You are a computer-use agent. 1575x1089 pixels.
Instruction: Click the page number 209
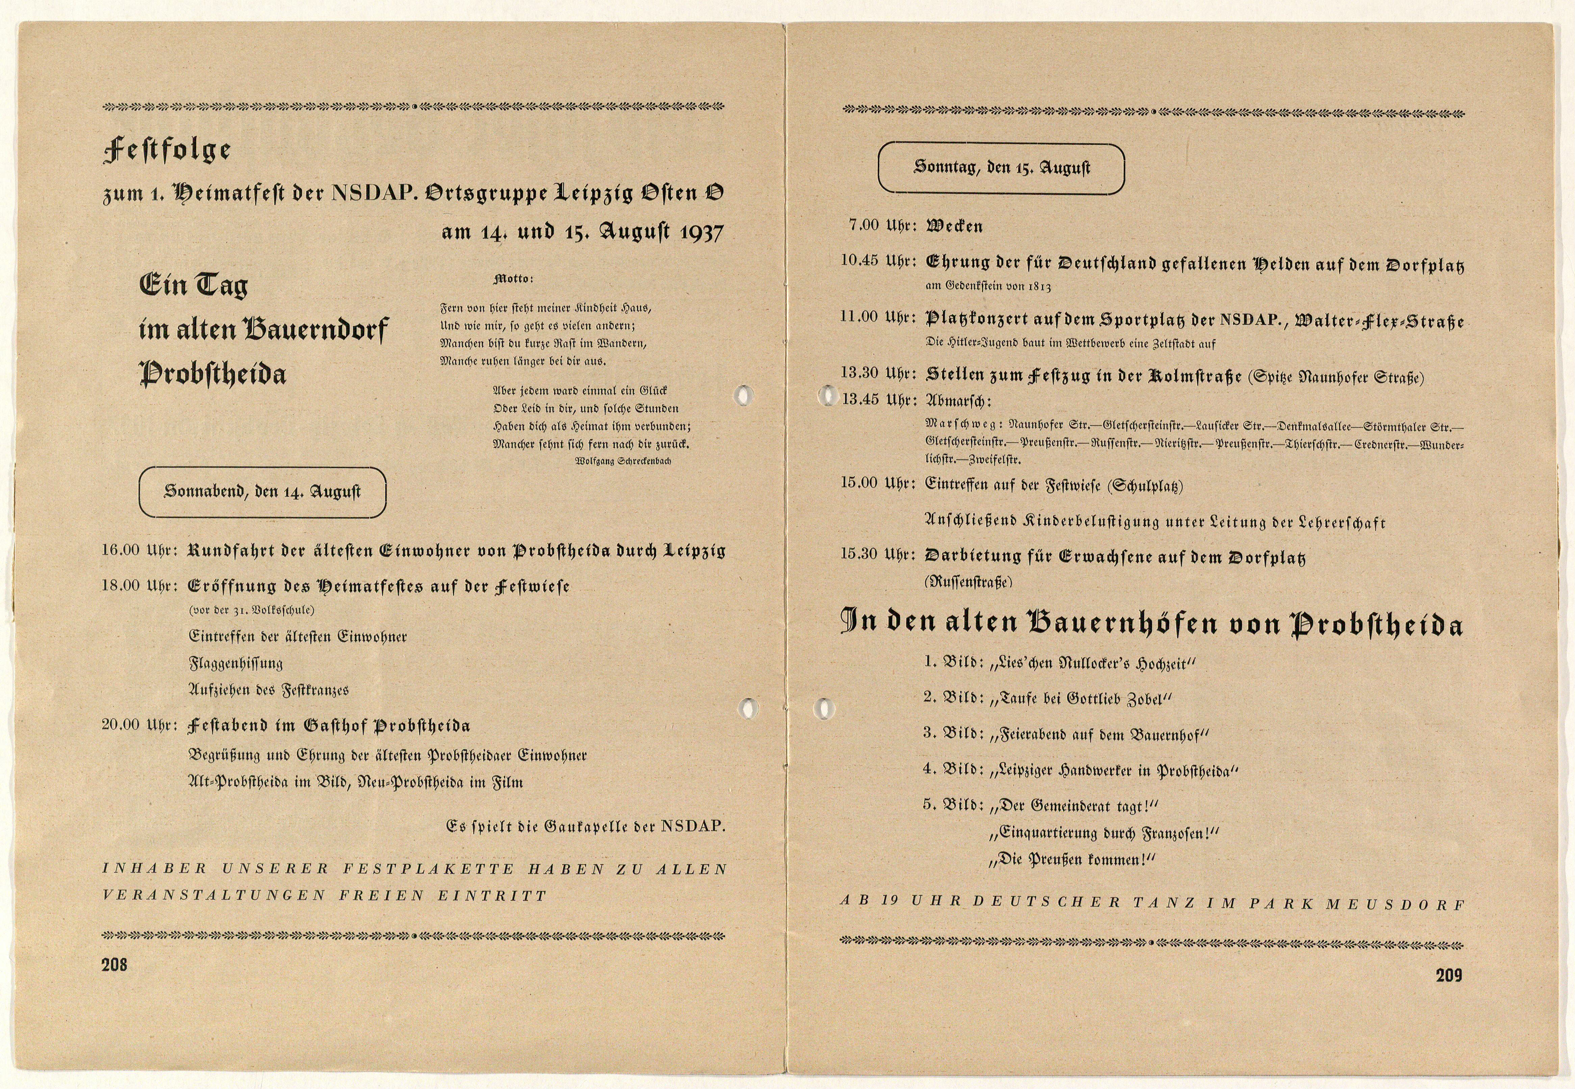click(1449, 975)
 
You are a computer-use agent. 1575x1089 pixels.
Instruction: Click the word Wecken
click(954, 227)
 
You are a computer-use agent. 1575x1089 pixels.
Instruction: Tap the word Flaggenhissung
click(235, 663)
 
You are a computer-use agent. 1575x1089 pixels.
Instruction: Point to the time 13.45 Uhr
click(879, 399)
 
